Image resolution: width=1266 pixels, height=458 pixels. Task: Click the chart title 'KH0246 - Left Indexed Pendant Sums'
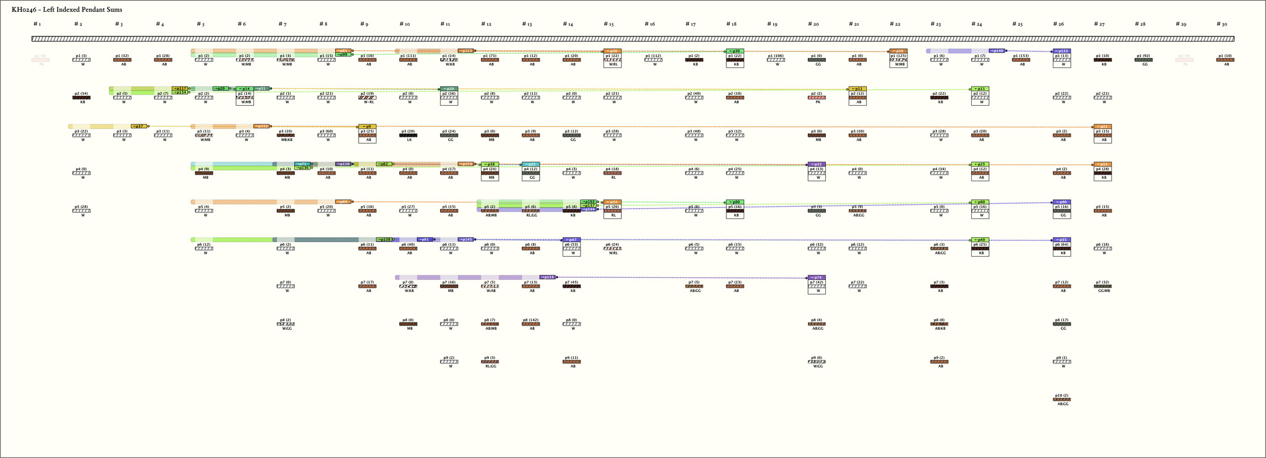click(x=67, y=10)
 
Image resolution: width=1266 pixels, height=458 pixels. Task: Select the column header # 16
click(x=649, y=24)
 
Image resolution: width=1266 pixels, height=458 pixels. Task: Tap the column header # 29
click(x=1181, y=24)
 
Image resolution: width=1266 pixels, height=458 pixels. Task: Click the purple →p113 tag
click(x=548, y=277)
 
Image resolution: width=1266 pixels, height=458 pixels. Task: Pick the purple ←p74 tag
click(x=817, y=277)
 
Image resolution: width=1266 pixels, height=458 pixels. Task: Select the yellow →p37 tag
click(x=139, y=126)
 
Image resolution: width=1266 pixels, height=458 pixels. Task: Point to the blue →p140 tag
click(x=996, y=51)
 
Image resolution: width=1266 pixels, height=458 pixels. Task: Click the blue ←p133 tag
click(x=1062, y=51)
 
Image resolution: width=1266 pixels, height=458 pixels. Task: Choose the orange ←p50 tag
click(x=898, y=51)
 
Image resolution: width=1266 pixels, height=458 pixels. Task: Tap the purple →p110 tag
click(x=343, y=164)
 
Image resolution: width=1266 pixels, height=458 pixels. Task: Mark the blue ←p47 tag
click(x=572, y=240)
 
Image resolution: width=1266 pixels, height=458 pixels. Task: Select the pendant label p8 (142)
click(x=531, y=320)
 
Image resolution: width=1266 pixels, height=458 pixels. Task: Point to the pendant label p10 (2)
click(x=1061, y=395)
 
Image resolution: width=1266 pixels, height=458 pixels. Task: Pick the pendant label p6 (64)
click(x=1061, y=244)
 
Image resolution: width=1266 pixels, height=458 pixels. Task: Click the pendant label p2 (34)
click(x=82, y=93)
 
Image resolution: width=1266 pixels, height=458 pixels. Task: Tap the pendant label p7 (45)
click(x=572, y=282)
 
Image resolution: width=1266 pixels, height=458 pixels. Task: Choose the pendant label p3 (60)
click(x=326, y=131)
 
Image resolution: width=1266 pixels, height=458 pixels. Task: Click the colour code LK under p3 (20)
click(x=409, y=140)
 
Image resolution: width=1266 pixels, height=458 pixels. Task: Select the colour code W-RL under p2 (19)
click(x=368, y=102)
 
